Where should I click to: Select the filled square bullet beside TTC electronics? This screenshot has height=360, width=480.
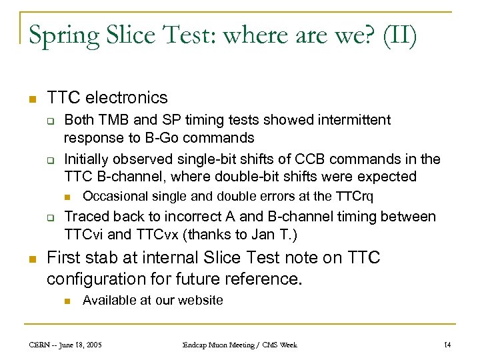click(x=30, y=99)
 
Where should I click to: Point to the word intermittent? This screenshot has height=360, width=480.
click(x=344, y=120)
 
